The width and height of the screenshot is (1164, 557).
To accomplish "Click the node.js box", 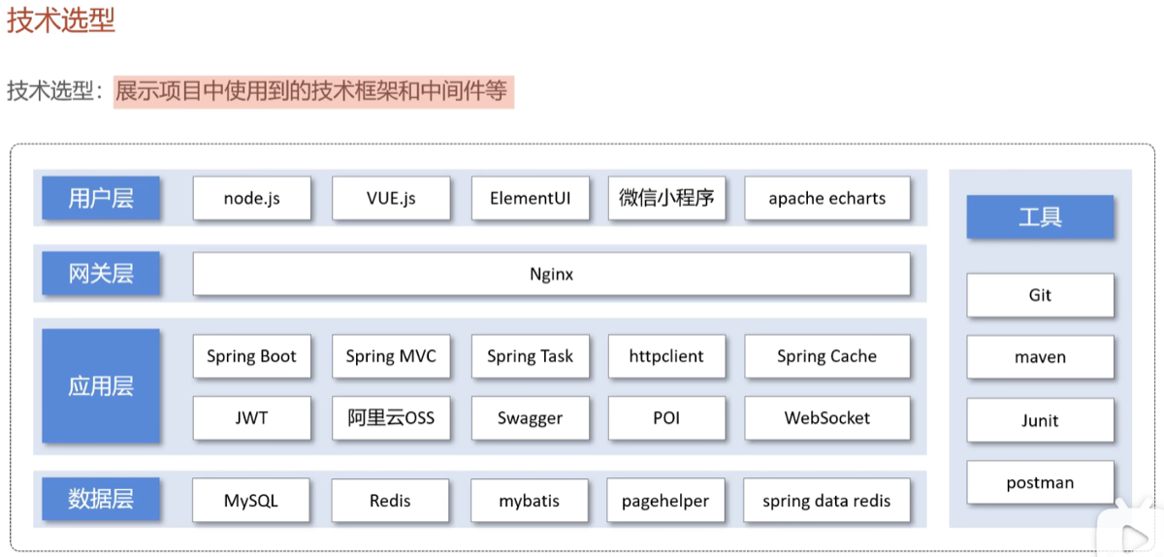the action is click(x=252, y=198).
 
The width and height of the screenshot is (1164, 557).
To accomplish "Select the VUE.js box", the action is click(x=391, y=198).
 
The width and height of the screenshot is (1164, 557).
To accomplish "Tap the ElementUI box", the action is click(x=531, y=198).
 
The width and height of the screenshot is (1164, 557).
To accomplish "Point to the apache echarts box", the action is click(x=827, y=198).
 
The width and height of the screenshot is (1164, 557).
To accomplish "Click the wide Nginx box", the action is click(x=551, y=274).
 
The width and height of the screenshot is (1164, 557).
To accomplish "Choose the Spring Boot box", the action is click(x=252, y=356).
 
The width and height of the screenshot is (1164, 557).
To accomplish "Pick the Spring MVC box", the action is click(x=391, y=356).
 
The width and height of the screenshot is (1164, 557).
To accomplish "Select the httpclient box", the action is click(x=666, y=356).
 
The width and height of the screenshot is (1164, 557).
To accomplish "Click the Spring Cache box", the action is click(x=827, y=356).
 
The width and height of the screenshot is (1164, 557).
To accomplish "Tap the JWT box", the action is click(x=252, y=418).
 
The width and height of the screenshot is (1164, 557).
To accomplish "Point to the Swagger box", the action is click(x=531, y=418).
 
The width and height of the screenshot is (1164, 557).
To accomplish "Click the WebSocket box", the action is click(x=827, y=418).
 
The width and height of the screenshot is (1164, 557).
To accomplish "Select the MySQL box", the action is click(x=251, y=501).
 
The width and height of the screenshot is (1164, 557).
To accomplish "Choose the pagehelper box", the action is click(x=665, y=501).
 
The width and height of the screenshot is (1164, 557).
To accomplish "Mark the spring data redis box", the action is click(x=826, y=501).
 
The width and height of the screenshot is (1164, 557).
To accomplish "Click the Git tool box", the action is click(x=1040, y=295).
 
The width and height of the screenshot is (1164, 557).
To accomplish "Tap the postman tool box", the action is click(x=1040, y=482).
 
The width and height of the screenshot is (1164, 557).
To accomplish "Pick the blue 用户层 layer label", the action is click(x=101, y=198).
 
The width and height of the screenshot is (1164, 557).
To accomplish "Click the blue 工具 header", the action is click(x=1040, y=216).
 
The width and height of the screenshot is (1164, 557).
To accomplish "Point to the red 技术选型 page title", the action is click(x=61, y=20).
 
